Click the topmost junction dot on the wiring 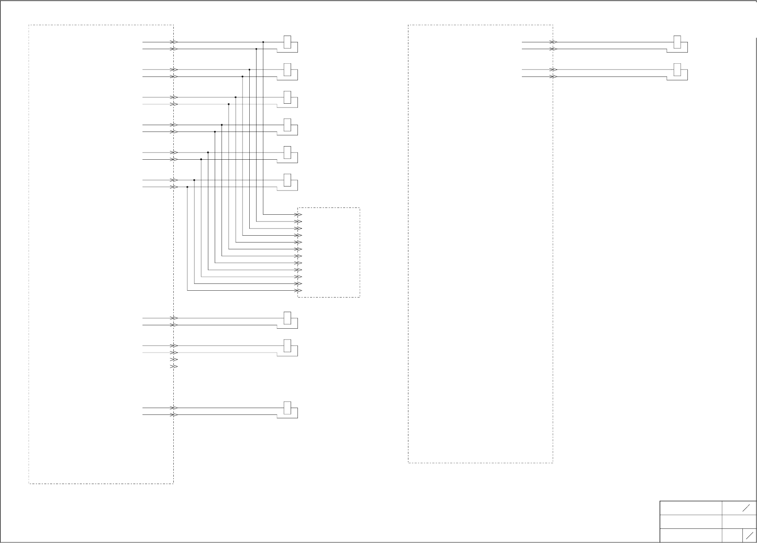tap(263, 42)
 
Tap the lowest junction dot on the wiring tap(187, 187)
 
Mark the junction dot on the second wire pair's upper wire tap(249, 70)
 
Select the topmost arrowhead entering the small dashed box tap(299, 215)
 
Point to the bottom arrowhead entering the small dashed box tap(299, 291)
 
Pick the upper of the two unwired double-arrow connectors tap(174, 359)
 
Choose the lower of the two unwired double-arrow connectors tap(174, 366)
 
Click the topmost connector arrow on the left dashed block tap(174, 42)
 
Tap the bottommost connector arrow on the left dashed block tap(174, 415)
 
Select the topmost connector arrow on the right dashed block tap(553, 42)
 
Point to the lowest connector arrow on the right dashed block tap(553, 77)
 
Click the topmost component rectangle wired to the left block tap(287, 42)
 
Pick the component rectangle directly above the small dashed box tap(287, 180)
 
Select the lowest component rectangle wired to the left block tap(287, 408)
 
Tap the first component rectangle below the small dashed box tap(287, 318)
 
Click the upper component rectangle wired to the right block tap(677, 42)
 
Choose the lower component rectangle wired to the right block tap(677, 70)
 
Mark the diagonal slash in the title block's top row tap(746, 508)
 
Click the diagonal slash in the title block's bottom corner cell tap(750, 535)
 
